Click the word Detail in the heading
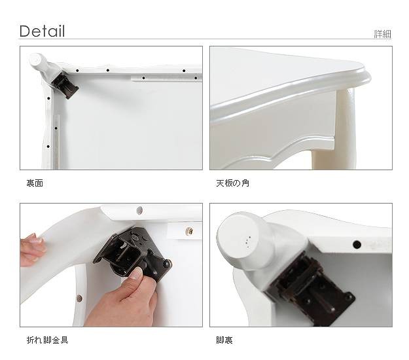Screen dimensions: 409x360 pos(42,31)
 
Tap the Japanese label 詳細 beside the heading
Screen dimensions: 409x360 pos(382,34)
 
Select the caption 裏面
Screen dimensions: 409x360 pos(35,183)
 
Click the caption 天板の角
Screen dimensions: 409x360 pos(232,183)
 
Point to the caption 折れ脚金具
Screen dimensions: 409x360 pos(47,340)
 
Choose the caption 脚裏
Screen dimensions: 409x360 pos(224,340)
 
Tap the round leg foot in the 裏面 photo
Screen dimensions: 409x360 pos(37,61)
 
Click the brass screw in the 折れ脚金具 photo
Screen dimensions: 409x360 pos(190,231)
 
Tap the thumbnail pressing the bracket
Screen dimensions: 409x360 pos(135,274)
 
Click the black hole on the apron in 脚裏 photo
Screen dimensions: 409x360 pos(357,245)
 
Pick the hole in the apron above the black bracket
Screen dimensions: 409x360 pos(140,210)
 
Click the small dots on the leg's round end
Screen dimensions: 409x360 pos(248,242)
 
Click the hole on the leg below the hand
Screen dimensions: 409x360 pos(79,298)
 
